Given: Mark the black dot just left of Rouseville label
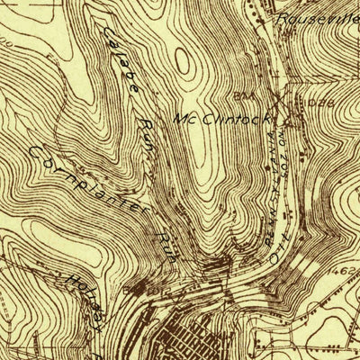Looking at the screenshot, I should coord(270,15).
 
